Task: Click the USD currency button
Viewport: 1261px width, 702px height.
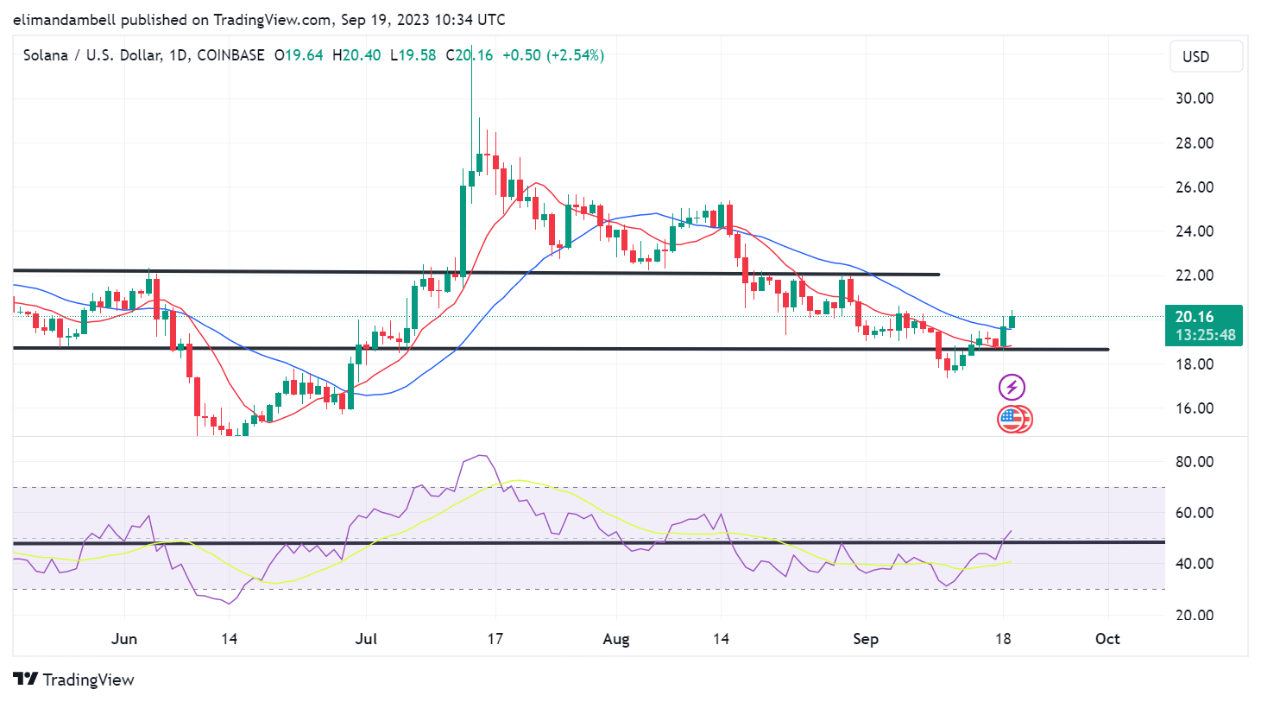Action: click(1206, 57)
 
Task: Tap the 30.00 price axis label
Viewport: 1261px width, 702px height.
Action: click(1195, 98)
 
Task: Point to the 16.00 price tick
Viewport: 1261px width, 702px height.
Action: click(1195, 408)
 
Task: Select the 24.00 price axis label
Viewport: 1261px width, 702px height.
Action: click(1195, 231)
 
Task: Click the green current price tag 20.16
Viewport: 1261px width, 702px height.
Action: click(1203, 325)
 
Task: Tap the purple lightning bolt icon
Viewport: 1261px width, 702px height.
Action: click(1012, 387)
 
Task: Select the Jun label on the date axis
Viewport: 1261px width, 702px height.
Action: click(124, 639)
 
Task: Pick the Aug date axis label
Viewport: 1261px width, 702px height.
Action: click(615, 639)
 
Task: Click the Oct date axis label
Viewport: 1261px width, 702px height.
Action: click(1107, 639)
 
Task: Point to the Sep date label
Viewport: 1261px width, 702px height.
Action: click(865, 639)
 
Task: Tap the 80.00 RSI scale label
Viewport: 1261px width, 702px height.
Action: click(1195, 462)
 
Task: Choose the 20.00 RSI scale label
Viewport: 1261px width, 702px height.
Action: click(1195, 616)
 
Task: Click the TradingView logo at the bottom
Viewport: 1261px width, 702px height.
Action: click(74, 680)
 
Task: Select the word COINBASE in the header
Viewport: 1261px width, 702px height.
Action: click(230, 55)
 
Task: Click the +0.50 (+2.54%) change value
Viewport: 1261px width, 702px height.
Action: click(553, 55)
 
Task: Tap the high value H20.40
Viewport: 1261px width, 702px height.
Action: click(356, 55)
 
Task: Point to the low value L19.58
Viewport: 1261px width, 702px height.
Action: click(413, 55)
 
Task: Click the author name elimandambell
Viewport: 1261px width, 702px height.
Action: click(64, 20)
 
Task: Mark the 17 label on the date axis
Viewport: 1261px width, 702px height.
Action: click(495, 639)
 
